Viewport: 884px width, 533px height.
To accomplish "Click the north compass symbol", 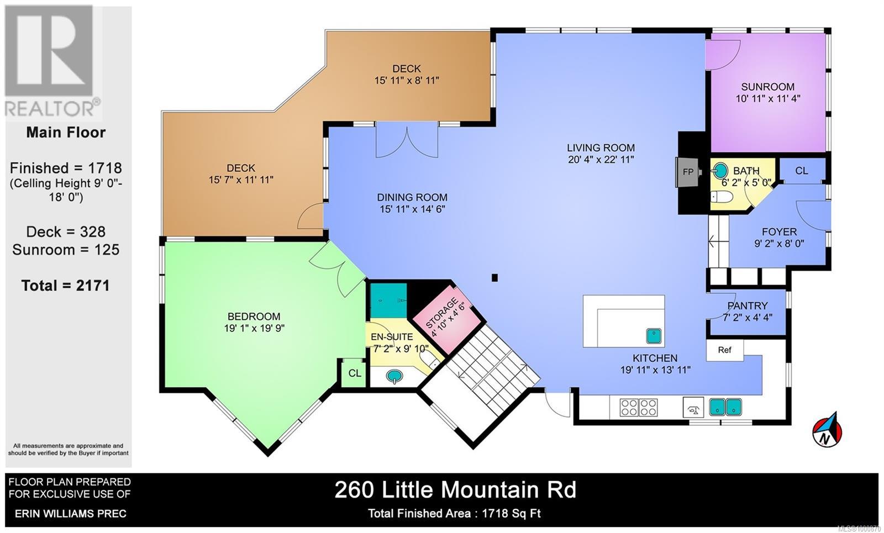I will [827, 430].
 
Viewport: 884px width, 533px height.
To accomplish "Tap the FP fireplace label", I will [688, 172].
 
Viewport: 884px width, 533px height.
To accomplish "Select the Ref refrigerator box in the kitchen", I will [724, 350].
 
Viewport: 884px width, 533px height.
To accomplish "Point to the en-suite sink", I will [394, 377].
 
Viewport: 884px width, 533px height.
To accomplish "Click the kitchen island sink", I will [655, 335].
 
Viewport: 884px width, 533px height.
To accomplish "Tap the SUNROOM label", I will [767, 87].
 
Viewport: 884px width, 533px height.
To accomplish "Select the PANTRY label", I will [747, 305].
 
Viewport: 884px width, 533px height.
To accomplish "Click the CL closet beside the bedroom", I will [355, 373].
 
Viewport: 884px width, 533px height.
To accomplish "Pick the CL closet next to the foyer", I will [802, 171].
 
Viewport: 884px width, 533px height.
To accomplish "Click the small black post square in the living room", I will [495, 278].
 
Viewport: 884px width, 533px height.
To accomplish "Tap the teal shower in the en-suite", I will [388, 300].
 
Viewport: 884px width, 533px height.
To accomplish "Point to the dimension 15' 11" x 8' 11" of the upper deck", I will [407, 81].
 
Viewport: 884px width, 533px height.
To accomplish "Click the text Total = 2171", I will [66, 286].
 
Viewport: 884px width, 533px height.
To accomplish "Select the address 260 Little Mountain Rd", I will [455, 490].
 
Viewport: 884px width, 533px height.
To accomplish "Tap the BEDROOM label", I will [254, 316].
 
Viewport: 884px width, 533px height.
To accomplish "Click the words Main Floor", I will [66, 133].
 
